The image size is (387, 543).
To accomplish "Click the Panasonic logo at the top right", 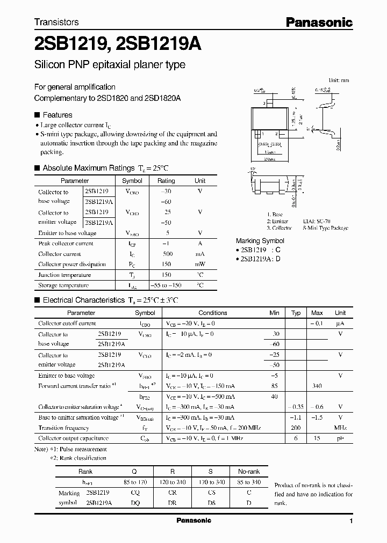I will (319, 23).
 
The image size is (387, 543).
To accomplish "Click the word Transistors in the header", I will (56, 22).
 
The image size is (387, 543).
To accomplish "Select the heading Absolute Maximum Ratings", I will (88, 168).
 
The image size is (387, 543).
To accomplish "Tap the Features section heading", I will (57, 115).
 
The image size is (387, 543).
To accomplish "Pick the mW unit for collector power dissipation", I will (200, 264).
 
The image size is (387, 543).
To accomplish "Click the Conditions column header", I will (213, 313).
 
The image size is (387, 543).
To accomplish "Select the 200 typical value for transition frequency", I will (296, 428).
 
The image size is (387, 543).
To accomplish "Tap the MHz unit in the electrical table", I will (340, 428).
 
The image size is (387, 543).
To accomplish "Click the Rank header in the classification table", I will (85, 472).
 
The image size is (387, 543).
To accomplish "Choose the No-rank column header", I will (249, 472).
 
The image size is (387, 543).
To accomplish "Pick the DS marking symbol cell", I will (211, 503).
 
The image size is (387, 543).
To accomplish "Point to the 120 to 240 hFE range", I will (173, 482).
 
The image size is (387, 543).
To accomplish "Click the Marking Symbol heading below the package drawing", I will (260, 241).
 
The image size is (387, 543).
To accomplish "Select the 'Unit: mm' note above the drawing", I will (338, 80).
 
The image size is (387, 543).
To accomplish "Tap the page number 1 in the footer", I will (351, 521).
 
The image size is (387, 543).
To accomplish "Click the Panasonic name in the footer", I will (193, 520).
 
